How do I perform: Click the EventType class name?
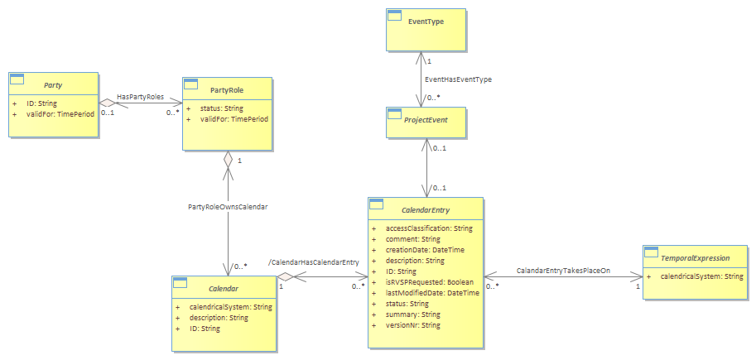pos(426,22)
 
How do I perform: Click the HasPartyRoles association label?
pos(140,96)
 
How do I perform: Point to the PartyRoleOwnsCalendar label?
pos(228,206)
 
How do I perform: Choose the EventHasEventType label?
pos(459,79)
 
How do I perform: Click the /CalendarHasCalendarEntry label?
pos(313,262)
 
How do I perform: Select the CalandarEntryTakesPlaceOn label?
pos(563,271)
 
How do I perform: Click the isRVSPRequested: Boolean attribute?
pos(430,282)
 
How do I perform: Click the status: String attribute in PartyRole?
pos(221,108)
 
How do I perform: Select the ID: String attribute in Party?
pos(42,103)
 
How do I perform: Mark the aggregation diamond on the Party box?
pos(107,103)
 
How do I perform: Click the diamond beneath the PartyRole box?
pos(227,159)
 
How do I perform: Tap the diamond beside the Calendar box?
pos(285,276)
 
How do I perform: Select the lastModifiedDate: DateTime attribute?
pos(433,292)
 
